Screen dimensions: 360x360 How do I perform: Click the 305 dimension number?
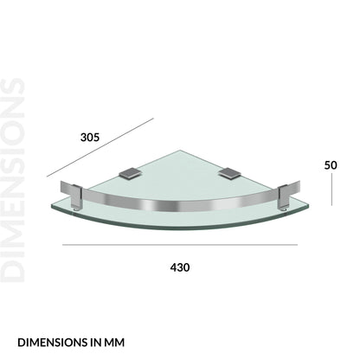tap(90, 138)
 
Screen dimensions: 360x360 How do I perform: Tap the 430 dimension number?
tap(180, 267)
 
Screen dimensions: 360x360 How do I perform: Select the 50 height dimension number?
tap(331, 165)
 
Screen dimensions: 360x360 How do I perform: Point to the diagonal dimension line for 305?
tap(100, 147)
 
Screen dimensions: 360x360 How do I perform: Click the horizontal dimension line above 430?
tap(180, 245)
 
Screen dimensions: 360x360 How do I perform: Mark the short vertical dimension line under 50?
tap(331, 190)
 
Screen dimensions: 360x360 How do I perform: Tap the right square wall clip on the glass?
tap(229, 173)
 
